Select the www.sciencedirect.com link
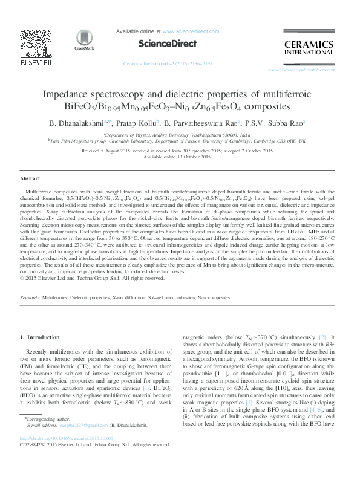coord(185,31)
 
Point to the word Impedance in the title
coord(68,95)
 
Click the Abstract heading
coord(30,180)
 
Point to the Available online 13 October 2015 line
coord(180,157)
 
